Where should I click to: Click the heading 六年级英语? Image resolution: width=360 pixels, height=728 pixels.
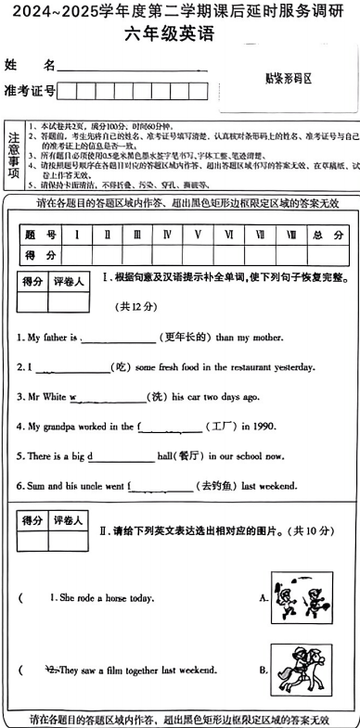[179, 37]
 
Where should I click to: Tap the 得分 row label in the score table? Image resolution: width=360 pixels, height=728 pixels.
[41, 255]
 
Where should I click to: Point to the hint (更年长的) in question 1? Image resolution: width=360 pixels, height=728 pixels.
[186, 337]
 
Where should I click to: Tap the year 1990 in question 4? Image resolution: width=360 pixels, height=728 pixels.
[266, 427]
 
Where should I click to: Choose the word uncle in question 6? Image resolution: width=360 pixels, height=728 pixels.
[95, 486]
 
